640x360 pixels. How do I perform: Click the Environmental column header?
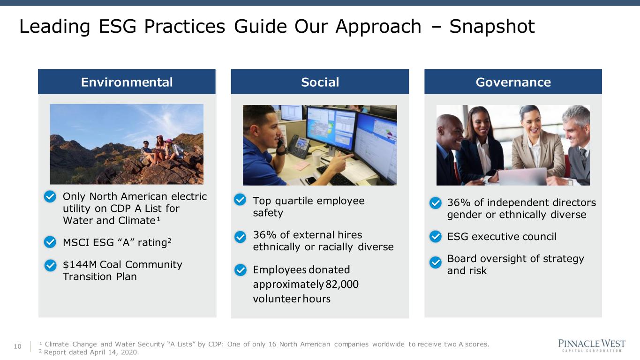pos(127,82)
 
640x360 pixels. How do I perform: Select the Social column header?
pos(320,82)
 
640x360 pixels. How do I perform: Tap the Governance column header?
pos(513,82)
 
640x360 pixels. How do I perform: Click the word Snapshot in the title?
pos(492,27)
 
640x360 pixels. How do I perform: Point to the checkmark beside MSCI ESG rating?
pos(50,242)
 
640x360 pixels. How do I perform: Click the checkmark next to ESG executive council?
pos(436,236)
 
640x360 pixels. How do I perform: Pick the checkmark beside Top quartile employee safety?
pos(240,200)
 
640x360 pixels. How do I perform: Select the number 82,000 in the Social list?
pos(342,284)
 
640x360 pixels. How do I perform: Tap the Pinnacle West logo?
pos(592,346)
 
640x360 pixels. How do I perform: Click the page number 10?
pos(17,346)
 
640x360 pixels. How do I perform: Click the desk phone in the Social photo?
pos(299,146)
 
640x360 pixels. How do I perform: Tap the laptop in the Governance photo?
pos(522,176)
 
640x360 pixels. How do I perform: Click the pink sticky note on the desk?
pos(299,165)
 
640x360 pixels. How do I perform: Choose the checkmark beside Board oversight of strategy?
pos(436,262)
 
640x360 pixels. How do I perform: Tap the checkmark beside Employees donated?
pos(240,270)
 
